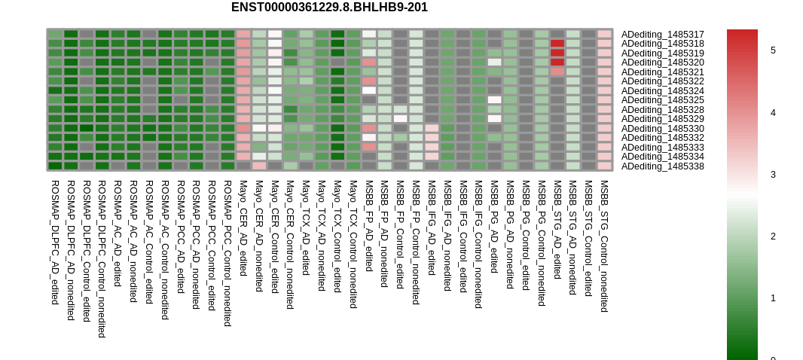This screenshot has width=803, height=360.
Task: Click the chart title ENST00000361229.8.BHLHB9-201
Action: point(329,8)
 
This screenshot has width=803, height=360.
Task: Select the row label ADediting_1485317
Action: point(663,35)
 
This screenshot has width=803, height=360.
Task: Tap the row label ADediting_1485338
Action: point(663,166)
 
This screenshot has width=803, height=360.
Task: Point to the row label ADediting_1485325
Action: point(663,100)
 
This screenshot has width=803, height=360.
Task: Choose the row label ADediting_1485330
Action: point(663,129)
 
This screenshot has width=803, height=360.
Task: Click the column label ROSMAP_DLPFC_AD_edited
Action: point(55,242)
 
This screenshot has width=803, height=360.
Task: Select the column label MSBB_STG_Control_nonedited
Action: point(604,246)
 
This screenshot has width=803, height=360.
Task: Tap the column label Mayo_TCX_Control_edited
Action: point(337,236)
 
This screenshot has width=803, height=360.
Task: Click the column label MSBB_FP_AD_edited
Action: point(368,225)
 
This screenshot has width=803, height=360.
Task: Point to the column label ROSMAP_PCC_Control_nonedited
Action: point(227,253)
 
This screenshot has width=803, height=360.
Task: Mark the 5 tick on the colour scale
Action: point(773,50)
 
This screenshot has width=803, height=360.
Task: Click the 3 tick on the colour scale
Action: point(773,175)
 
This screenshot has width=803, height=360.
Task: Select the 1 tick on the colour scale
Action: point(773,298)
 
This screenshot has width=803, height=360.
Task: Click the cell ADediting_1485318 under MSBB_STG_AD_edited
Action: point(557,44)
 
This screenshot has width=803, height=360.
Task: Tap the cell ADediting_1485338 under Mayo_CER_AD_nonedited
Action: point(259,166)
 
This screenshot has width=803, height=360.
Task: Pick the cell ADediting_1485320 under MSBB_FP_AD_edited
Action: point(368,63)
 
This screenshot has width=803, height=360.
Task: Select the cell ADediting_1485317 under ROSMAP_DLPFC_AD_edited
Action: point(55,35)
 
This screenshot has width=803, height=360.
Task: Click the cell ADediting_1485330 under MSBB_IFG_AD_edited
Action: point(432,129)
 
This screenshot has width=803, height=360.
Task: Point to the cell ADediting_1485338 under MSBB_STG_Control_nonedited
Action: point(604,166)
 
